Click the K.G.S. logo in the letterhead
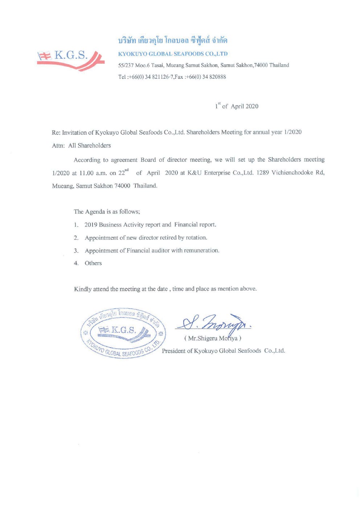pyautogui.click(x=70, y=59)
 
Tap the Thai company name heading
pyautogui.click(x=173, y=40)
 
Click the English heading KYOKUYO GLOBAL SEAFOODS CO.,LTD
pyautogui.click(x=173, y=54)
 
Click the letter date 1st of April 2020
pyautogui.click(x=237, y=106)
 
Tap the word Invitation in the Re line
pyautogui.click(x=74, y=132)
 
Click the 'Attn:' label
pyautogui.click(x=58, y=145)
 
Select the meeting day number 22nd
pyautogui.click(x=123, y=173)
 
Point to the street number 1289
pyautogui.click(x=262, y=172)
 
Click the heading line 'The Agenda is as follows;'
pyautogui.click(x=107, y=212)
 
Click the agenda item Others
pyautogui.click(x=93, y=263)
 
